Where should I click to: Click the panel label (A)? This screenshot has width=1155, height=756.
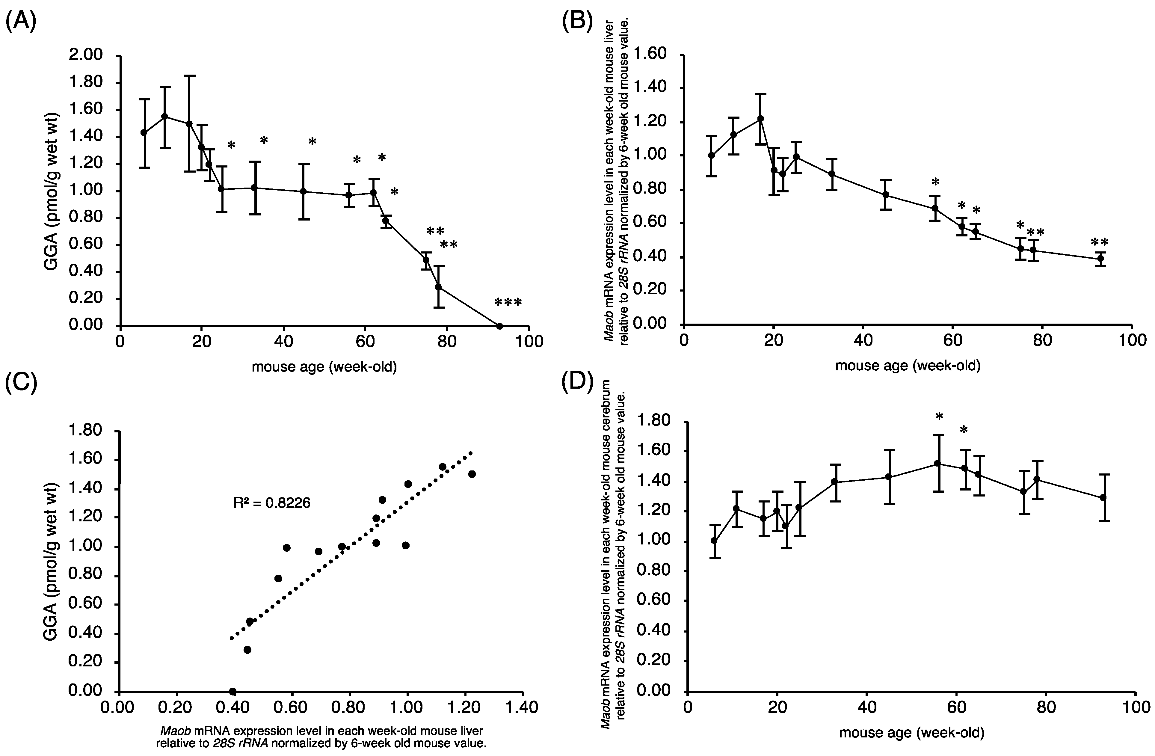tap(20, 23)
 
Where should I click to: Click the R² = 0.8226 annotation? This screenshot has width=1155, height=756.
tap(272, 503)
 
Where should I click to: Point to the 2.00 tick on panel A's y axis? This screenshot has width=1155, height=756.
tap(86, 55)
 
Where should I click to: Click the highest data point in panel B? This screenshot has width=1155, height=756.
tap(760, 118)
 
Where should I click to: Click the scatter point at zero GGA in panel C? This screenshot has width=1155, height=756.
tap(232, 691)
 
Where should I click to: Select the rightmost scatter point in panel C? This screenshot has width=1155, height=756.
tap(472, 474)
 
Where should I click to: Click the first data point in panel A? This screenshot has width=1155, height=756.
tap(144, 132)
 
